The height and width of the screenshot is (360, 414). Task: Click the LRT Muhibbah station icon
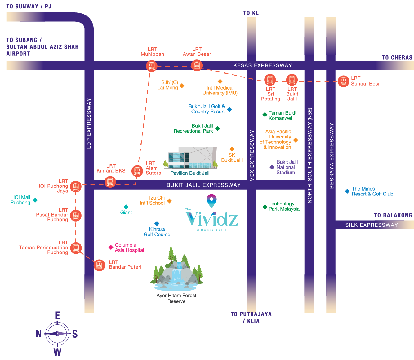pos(152,66)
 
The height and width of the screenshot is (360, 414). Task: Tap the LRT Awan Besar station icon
pos(197,65)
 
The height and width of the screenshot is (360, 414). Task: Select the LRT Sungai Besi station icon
pos(343,81)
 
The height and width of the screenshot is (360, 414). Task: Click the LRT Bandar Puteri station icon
pos(99,265)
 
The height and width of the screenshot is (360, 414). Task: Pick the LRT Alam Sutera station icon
pos(137,171)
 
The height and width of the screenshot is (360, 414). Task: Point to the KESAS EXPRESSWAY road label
pos(263,65)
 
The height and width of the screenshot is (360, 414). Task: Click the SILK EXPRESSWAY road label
pos(372,225)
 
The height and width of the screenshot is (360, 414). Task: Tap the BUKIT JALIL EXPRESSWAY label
pos(203,185)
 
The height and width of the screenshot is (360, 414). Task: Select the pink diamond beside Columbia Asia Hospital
pos(111,247)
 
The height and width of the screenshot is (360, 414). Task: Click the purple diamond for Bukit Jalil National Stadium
pos(272,167)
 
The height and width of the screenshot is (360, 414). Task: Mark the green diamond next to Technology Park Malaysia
pos(265,207)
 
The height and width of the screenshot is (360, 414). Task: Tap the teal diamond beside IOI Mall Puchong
pos(35,200)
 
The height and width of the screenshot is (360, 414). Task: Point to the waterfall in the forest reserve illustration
pos(177,274)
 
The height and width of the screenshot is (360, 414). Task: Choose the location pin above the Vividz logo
pos(211,200)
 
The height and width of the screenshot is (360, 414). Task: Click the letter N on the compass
pos(39,334)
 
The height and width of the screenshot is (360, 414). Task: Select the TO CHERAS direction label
pos(397,58)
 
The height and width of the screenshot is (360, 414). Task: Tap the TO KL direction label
pos(251,13)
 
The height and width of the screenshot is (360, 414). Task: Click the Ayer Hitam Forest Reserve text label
pos(176,298)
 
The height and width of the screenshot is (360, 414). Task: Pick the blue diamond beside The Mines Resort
pos(347,191)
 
